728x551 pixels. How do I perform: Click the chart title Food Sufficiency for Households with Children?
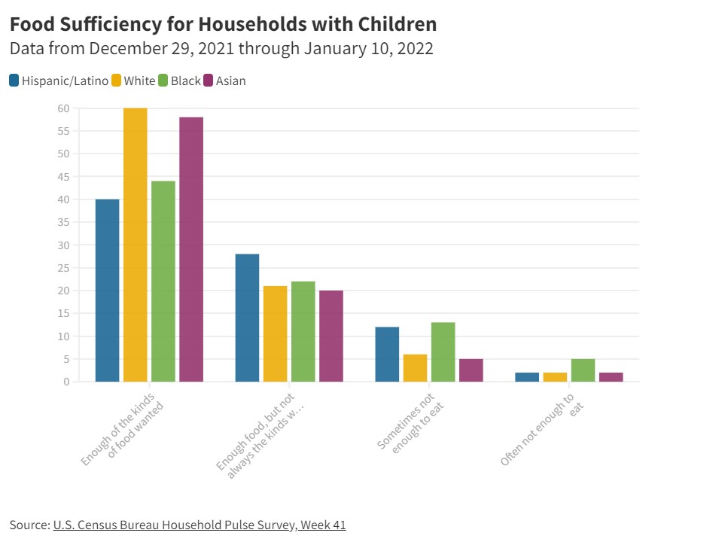coord(223,24)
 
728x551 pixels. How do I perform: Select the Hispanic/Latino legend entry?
coord(59,81)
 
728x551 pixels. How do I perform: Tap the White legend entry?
coord(133,81)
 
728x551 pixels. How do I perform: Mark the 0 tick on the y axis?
coord(66,382)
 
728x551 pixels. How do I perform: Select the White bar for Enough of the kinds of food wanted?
coord(136,245)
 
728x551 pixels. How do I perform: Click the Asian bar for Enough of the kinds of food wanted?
coord(191,249)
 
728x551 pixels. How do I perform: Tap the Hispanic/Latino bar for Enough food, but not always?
coord(247,318)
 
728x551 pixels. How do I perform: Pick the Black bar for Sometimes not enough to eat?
coord(443,352)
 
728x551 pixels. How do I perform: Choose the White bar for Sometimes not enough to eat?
coord(415,368)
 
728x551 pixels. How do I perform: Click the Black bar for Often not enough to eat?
coord(583,370)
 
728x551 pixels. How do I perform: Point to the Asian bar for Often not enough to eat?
coord(611,377)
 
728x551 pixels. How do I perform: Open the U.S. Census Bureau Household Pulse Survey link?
coord(200,525)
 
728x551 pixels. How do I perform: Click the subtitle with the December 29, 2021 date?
coord(221,49)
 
